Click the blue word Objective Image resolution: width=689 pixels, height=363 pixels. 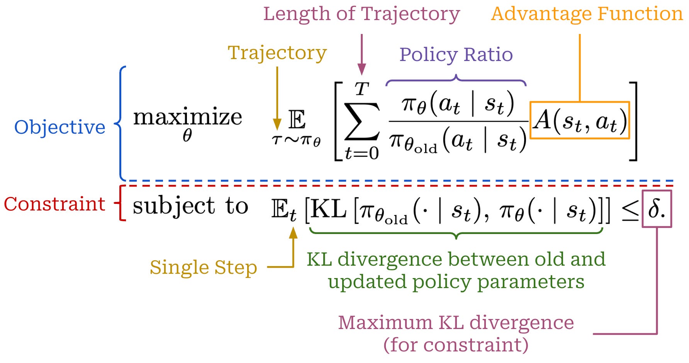click(x=59, y=127)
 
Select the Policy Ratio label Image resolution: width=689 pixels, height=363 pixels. click(x=456, y=54)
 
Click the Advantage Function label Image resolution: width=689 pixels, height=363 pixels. click(x=587, y=14)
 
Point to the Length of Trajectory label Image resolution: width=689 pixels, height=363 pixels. click(x=361, y=14)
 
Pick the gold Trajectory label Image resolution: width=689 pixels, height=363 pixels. click(x=277, y=53)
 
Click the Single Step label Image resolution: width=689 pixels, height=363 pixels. click(x=203, y=267)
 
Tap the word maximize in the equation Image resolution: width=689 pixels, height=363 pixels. click(x=187, y=117)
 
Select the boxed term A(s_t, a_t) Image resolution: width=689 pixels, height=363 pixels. click(x=579, y=120)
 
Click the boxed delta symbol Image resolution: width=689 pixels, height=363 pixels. click(x=656, y=209)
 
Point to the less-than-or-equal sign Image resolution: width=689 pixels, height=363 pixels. click(x=630, y=212)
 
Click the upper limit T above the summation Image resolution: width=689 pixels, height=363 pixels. click(x=362, y=90)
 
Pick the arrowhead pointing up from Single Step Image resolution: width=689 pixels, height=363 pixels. click(x=294, y=233)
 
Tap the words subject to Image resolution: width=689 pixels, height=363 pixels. click(x=190, y=206)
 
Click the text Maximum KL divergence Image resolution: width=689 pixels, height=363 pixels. click(x=456, y=322)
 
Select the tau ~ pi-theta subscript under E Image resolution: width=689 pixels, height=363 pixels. click(x=296, y=140)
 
